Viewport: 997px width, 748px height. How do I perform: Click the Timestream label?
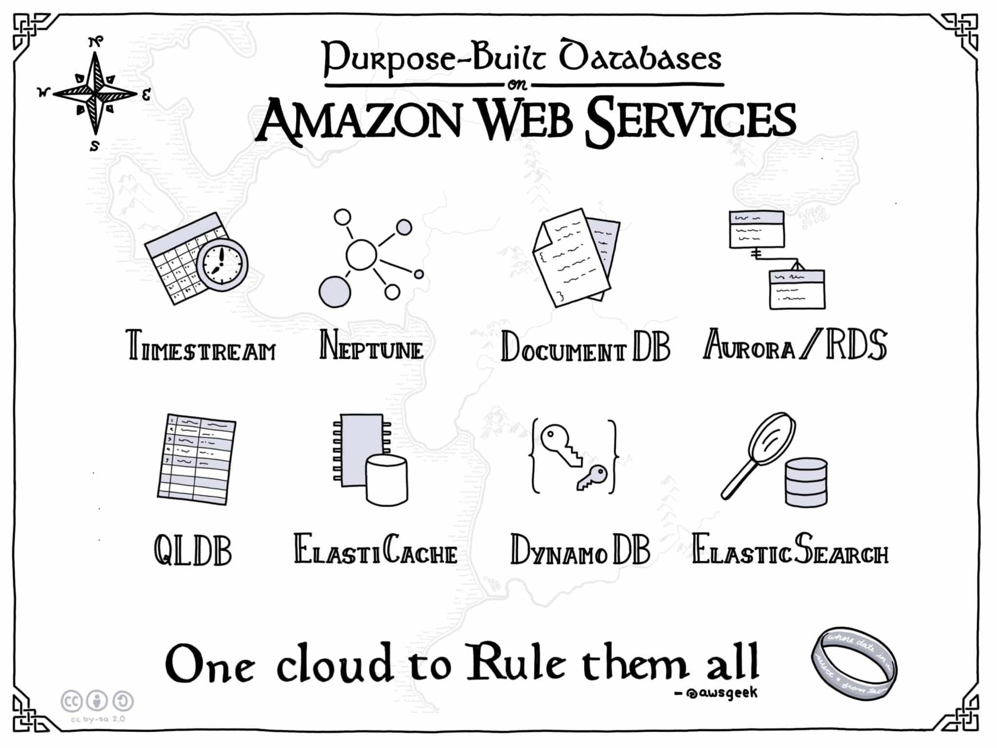pos(201,346)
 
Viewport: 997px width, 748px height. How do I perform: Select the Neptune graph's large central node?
pos(361,254)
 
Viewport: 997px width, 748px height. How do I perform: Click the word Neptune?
pos(371,346)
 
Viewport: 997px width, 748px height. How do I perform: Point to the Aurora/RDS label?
pos(794,345)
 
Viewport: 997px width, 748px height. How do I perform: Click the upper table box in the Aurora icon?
pos(756,229)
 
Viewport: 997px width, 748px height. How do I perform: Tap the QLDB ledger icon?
pos(196,459)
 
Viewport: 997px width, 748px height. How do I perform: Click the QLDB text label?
pos(193,550)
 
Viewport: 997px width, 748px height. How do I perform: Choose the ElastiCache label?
pos(375,550)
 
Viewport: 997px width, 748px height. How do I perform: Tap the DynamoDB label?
pos(580,550)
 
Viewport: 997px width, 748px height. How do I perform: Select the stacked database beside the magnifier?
pos(806,482)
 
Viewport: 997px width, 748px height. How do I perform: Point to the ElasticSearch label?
pos(790,550)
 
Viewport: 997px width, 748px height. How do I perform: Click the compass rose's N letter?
pos(96,41)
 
